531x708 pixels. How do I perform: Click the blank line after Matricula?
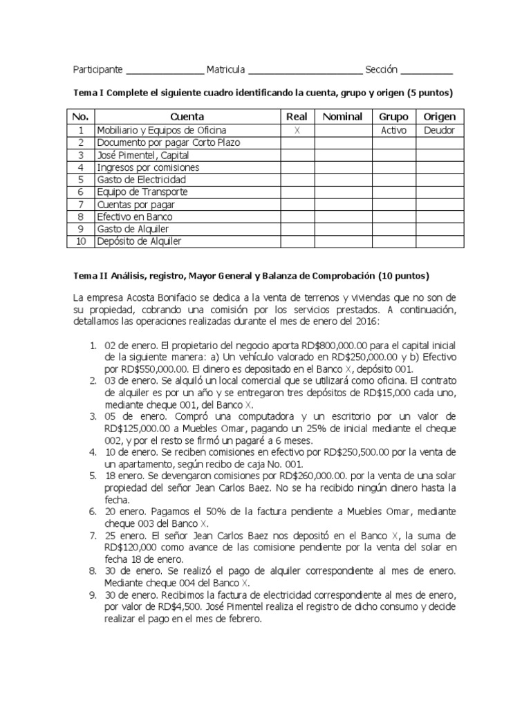tap(305, 71)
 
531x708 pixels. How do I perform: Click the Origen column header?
tap(440, 117)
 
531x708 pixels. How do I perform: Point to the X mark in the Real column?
tap(297, 130)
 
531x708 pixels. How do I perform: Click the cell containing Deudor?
tap(440, 130)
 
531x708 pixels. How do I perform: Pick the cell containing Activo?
tap(393, 130)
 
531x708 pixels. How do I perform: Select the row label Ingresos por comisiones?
tap(148, 167)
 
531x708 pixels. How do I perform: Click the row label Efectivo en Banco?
tap(135, 217)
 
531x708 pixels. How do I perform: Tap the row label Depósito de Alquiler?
tap(139, 241)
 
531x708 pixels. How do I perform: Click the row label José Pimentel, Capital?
tap(143, 155)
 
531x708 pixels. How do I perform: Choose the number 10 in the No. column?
tap(81, 241)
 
